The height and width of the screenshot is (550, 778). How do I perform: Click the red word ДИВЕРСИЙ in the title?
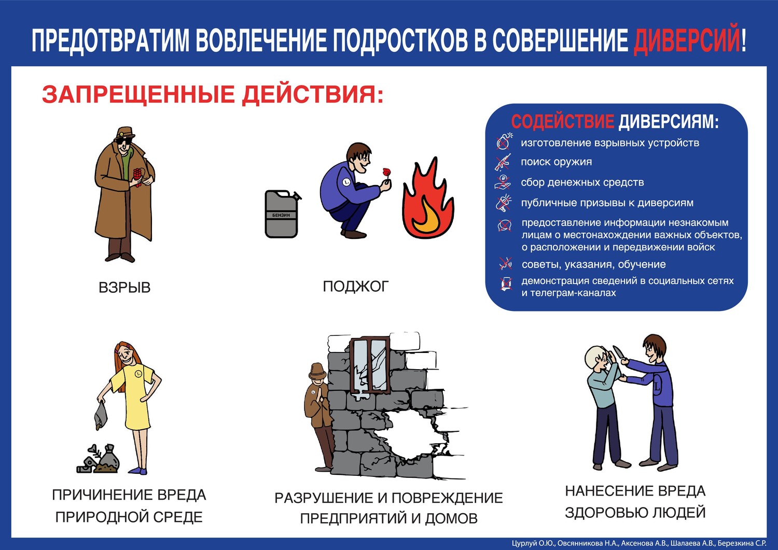(687, 40)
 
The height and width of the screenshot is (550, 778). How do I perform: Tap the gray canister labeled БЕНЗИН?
(282, 214)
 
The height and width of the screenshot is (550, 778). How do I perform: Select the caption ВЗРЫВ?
(124, 288)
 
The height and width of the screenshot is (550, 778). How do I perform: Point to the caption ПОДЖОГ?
(355, 287)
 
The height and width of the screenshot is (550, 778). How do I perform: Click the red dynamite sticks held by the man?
(138, 177)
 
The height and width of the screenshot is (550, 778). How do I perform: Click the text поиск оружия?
(556, 162)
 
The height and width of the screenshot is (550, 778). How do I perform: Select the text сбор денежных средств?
(582, 182)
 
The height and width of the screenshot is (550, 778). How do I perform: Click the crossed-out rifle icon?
(503, 162)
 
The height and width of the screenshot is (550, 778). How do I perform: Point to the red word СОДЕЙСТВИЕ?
(563, 121)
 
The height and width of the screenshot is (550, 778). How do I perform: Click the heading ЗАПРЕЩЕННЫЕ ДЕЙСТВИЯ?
(213, 94)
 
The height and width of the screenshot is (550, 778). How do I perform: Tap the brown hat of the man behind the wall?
(317, 371)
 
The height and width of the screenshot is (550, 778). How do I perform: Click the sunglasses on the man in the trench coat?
(123, 141)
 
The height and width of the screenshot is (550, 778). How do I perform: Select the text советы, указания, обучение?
(593, 264)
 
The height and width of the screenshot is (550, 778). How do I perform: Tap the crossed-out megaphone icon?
(503, 203)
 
